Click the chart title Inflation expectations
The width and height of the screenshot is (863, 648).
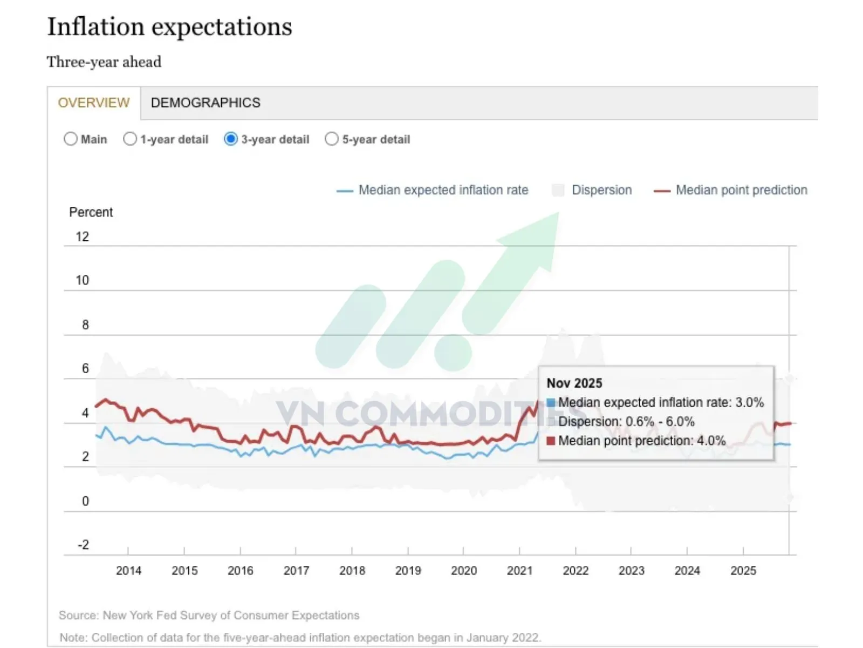(x=169, y=27)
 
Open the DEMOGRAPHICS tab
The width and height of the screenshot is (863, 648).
(x=206, y=103)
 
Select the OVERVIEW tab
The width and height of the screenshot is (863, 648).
(x=94, y=103)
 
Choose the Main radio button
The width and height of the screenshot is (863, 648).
(x=71, y=139)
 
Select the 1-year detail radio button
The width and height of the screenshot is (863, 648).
(x=130, y=139)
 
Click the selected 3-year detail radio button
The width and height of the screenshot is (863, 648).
(x=231, y=139)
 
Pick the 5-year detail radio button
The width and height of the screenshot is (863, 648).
(x=332, y=139)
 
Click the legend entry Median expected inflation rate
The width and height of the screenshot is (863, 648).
(x=443, y=190)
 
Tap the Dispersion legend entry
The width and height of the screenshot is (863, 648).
(x=601, y=190)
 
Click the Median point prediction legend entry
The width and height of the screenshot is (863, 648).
(x=741, y=190)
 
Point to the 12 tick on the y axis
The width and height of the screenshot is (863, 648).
(x=82, y=237)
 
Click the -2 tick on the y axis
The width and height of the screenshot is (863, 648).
(x=83, y=545)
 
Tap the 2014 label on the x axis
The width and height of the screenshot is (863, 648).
(x=128, y=571)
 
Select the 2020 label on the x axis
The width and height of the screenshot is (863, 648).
(x=464, y=571)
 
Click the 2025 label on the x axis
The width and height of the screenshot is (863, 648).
(x=743, y=571)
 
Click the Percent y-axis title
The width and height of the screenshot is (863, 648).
(x=91, y=212)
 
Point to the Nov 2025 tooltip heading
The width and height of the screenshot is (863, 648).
(x=574, y=383)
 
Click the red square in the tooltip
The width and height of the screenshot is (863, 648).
(x=551, y=441)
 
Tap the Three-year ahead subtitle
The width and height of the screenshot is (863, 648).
(x=104, y=62)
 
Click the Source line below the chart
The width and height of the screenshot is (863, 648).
(x=209, y=616)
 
